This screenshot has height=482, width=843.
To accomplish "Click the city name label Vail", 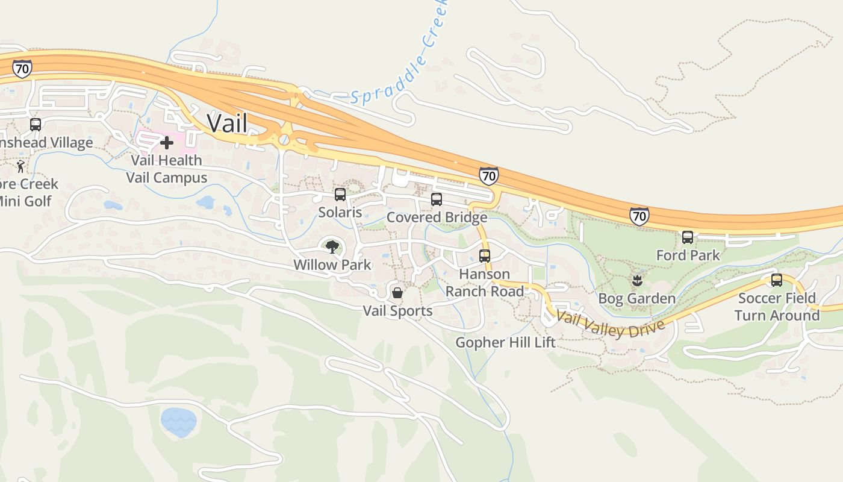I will [x=227, y=123].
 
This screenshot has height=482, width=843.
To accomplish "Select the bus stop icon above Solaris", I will [x=340, y=195].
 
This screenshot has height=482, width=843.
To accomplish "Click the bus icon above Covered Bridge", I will [x=437, y=199].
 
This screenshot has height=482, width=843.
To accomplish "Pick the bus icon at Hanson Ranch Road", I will [x=485, y=256].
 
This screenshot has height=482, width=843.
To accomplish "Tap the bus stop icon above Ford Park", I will [x=688, y=237].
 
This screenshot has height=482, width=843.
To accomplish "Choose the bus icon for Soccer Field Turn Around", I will [x=777, y=280].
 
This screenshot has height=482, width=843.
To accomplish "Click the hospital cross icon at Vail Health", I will [x=167, y=143].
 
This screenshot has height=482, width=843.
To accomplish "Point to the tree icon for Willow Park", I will [x=332, y=247].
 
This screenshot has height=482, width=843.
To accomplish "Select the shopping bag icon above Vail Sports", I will [x=397, y=293].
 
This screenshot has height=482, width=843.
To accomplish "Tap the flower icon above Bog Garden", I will [x=636, y=281].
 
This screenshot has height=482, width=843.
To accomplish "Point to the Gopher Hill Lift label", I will [x=505, y=343].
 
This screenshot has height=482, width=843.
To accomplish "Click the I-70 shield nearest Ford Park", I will [x=639, y=216].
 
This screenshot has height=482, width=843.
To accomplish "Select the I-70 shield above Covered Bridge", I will [x=489, y=176].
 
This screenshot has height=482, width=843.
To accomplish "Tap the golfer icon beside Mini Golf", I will [x=21, y=166].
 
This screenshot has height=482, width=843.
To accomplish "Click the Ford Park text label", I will [x=688, y=255].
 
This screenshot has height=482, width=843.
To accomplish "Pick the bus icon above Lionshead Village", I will [x=36, y=125].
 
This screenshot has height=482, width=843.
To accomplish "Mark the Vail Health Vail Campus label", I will [x=167, y=169].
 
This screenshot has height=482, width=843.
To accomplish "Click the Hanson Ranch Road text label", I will [x=485, y=283].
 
